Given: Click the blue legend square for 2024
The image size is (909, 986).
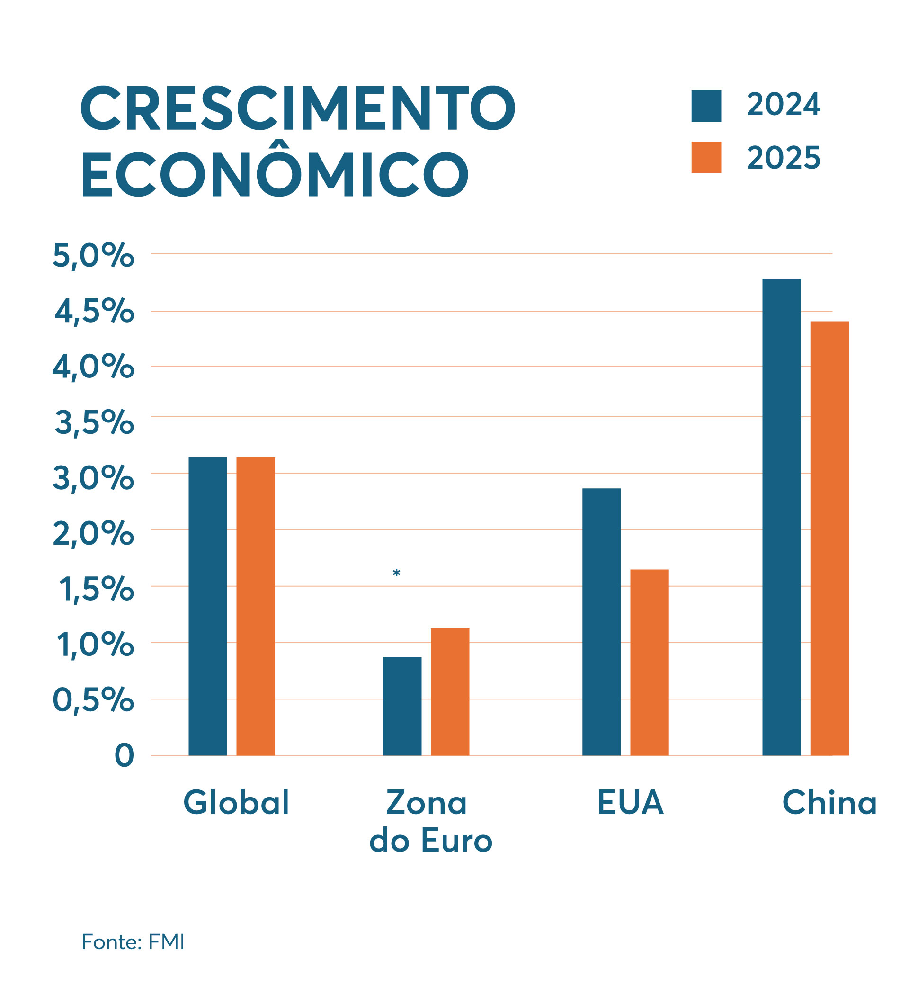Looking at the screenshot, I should pos(706,106).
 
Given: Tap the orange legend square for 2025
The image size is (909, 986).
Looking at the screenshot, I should pos(706,157).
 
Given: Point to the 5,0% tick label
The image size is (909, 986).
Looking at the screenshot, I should pos(93,256).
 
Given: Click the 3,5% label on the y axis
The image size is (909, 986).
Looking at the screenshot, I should pos(94,422).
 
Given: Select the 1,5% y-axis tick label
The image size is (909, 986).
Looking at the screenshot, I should pos(96,590).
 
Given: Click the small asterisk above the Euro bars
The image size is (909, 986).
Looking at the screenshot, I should pos(396,573).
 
